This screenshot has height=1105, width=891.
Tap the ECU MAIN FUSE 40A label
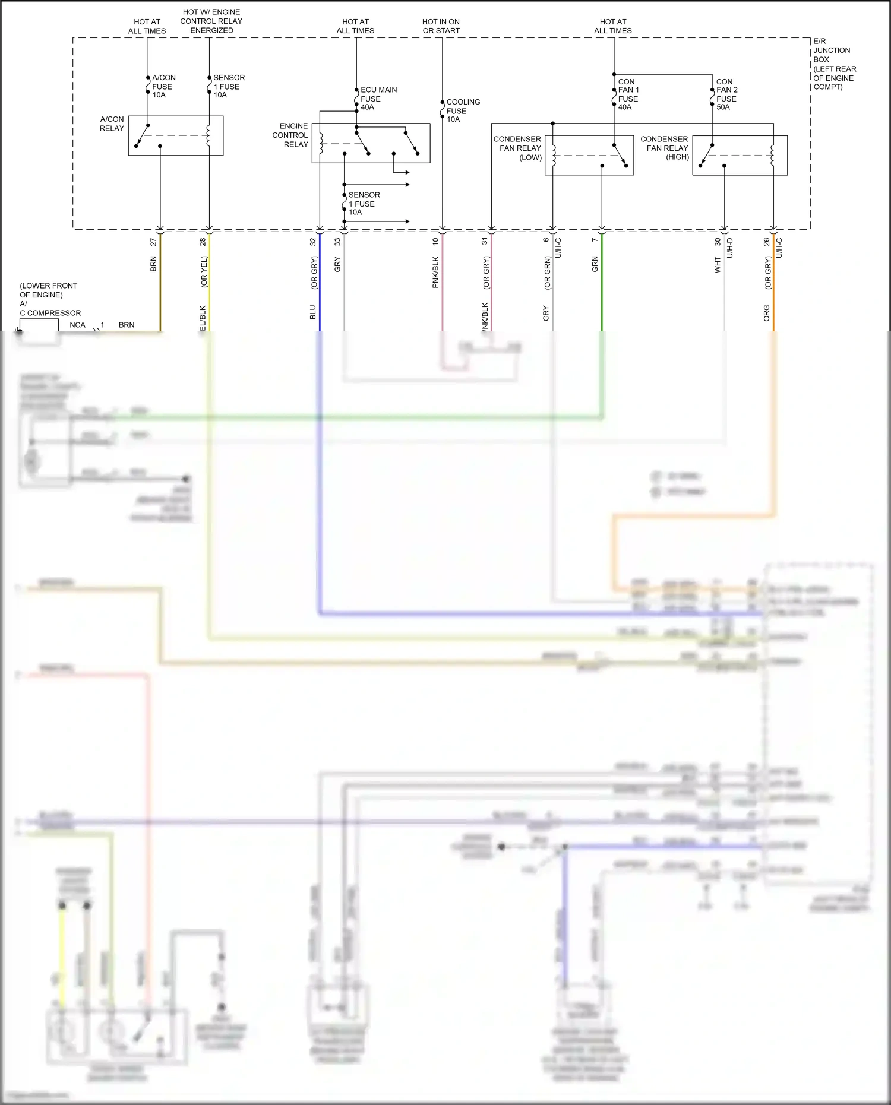tap(378, 99)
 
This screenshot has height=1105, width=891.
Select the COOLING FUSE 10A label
tap(462, 110)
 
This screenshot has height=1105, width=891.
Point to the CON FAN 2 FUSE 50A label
tap(726, 94)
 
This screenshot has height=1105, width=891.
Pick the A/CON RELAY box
tap(176, 135)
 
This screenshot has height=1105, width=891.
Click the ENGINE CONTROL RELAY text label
tap(291, 135)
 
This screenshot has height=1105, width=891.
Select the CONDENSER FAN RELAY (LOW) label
tap(518, 148)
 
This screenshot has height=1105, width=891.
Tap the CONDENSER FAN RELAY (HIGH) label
tap(665, 148)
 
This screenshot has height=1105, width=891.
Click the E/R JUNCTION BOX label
tap(833, 64)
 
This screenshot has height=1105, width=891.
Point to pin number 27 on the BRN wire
tap(153, 242)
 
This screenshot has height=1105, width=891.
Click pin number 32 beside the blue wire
tap(313, 242)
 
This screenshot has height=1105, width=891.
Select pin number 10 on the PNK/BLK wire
tap(435, 242)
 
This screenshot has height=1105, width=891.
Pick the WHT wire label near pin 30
tap(718, 265)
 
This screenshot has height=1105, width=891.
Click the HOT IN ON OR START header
tap(441, 26)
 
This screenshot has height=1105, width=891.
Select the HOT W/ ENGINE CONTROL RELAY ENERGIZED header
tap(211, 21)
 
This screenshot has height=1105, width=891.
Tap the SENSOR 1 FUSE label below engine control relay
tap(363, 204)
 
